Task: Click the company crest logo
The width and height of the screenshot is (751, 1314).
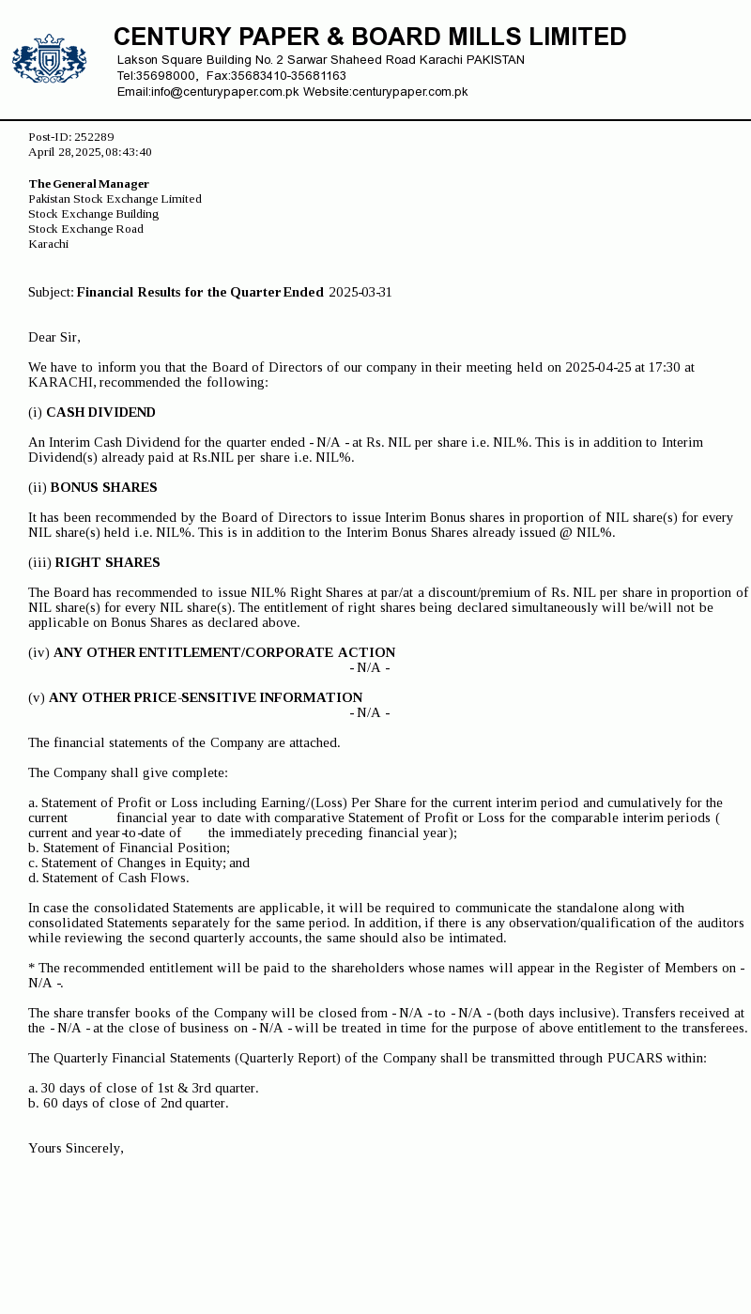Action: [49, 59]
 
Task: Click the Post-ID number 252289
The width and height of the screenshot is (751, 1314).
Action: [94, 137]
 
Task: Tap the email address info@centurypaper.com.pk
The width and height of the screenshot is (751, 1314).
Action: [225, 92]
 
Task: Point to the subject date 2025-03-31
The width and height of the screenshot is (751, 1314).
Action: [360, 293]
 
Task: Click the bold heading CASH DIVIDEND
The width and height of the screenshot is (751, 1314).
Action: [100, 413]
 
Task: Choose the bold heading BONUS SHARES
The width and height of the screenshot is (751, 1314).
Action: [103, 488]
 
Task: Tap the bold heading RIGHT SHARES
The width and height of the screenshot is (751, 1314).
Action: [107, 563]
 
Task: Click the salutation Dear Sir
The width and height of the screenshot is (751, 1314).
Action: [54, 338]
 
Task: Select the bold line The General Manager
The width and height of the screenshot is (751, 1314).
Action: [88, 184]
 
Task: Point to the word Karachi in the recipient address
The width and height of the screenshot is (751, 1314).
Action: [48, 244]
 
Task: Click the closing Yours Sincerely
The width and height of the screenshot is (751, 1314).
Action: [76, 1149]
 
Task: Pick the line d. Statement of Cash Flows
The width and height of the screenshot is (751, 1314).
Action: [108, 879]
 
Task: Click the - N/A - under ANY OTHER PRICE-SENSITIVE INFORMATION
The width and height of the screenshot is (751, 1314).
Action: [370, 713]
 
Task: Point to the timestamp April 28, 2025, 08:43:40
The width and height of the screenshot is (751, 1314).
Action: [90, 152]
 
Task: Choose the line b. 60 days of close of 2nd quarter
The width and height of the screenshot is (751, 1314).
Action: [128, 1104]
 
